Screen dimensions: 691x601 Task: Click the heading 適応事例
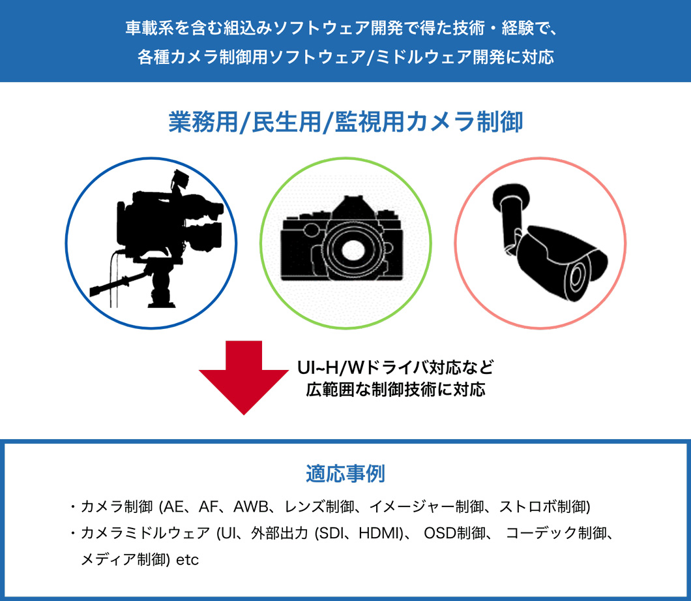click(x=345, y=474)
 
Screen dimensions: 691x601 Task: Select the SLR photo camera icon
click(x=342, y=238)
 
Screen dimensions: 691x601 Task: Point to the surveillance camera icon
click(x=550, y=243)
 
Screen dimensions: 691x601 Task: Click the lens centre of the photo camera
click(x=352, y=251)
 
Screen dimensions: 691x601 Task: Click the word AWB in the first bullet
click(x=251, y=506)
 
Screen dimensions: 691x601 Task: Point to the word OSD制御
click(x=454, y=533)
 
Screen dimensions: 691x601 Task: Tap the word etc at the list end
click(x=187, y=560)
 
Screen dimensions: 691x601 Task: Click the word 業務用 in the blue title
click(x=203, y=122)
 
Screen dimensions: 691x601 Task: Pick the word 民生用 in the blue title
click(x=286, y=122)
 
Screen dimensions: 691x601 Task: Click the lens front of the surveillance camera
click(x=578, y=279)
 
